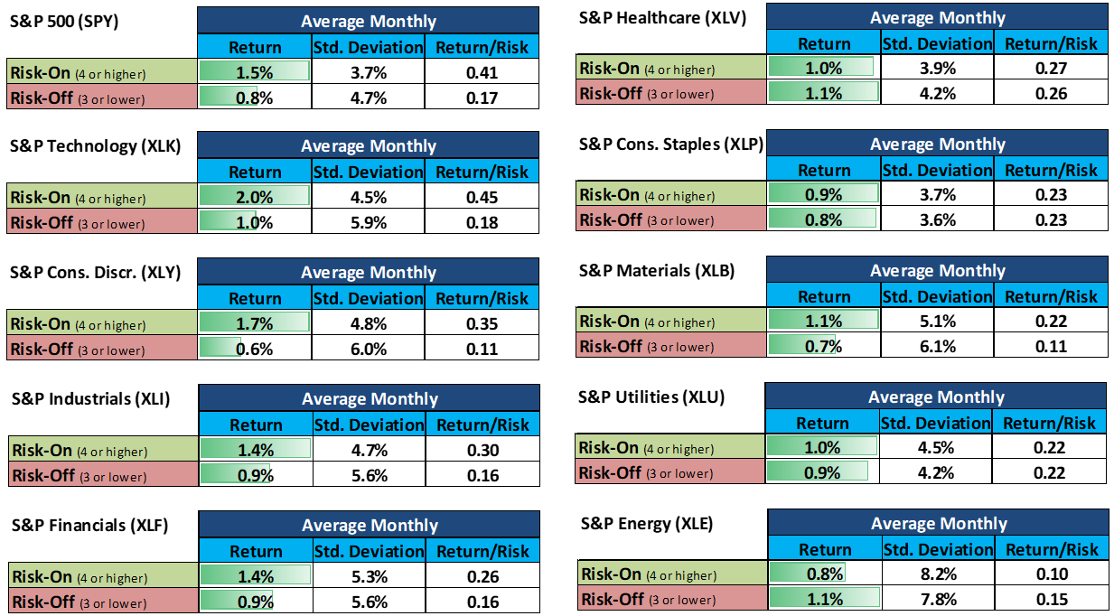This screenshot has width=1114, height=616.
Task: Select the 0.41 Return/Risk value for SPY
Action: pos(482,72)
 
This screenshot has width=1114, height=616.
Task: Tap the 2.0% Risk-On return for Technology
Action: pos(255,197)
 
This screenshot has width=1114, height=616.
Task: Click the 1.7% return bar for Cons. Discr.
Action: pos(255,323)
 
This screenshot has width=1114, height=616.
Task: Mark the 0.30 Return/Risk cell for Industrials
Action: pos(483,450)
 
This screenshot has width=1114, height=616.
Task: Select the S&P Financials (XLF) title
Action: pos(89,525)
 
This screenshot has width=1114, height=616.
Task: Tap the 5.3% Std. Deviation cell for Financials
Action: pos(369,576)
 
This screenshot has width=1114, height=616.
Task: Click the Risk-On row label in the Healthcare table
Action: pos(647,69)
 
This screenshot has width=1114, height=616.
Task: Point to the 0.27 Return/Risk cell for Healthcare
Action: pos(1052,69)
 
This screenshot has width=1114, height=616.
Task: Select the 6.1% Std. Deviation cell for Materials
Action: pos(937,346)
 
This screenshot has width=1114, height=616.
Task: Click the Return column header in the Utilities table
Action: pos(822,423)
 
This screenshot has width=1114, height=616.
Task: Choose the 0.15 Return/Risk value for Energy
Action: pos(1052,599)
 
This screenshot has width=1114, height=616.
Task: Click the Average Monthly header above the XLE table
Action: pos(938,523)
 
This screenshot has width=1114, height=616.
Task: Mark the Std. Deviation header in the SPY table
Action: pos(368,47)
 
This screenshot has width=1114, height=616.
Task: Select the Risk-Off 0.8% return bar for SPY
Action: pos(255,98)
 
